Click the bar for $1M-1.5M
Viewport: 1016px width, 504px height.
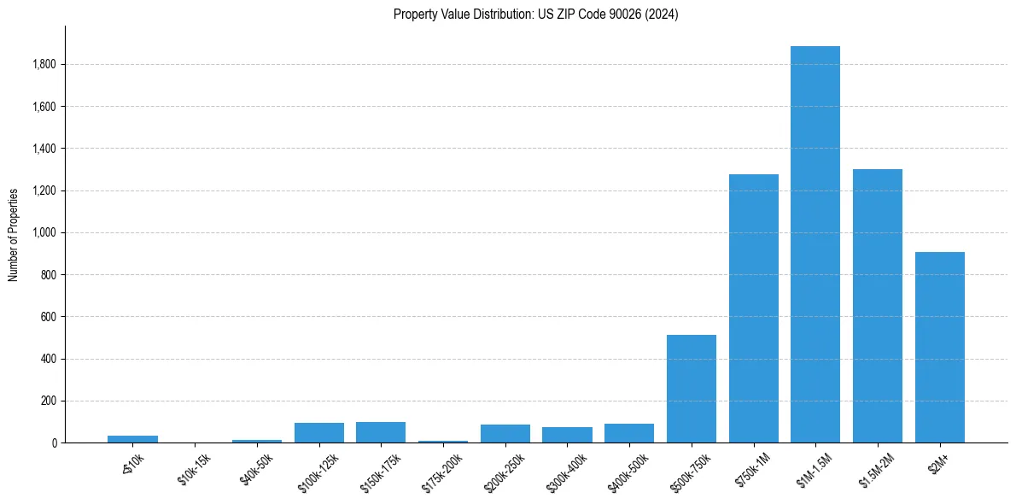point(815,244)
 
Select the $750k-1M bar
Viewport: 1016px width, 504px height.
point(753,308)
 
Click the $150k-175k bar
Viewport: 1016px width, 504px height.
point(381,432)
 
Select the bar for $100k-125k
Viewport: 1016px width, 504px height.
point(319,433)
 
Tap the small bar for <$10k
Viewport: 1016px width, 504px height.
point(132,439)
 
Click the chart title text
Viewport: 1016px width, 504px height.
point(536,15)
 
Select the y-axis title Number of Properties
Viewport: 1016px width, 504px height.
point(14,234)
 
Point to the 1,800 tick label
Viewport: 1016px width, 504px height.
point(44,65)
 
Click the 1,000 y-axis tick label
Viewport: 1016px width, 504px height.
point(44,233)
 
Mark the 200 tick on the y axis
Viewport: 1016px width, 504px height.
point(49,401)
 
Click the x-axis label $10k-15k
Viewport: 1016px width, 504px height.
point(195,470)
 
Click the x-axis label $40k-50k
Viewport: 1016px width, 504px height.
point(257,470)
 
